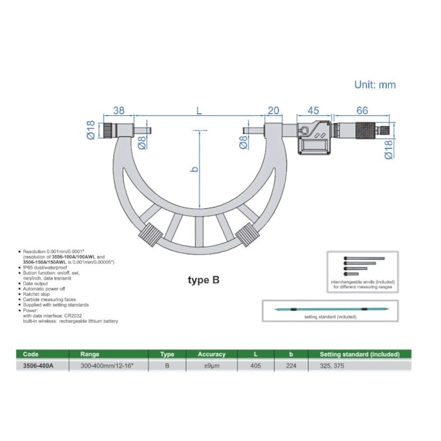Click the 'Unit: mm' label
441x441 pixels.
pyautogui.click(x=375, y=85)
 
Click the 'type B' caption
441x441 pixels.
pyautogui.click(x=204, y=279)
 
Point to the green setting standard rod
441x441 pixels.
pyautogui.click(x=329, y=310)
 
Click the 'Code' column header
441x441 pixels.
pyautogui.click(x=31, y=353)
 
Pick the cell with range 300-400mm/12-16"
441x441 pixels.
pyautogui.click(x=107, y=365)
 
